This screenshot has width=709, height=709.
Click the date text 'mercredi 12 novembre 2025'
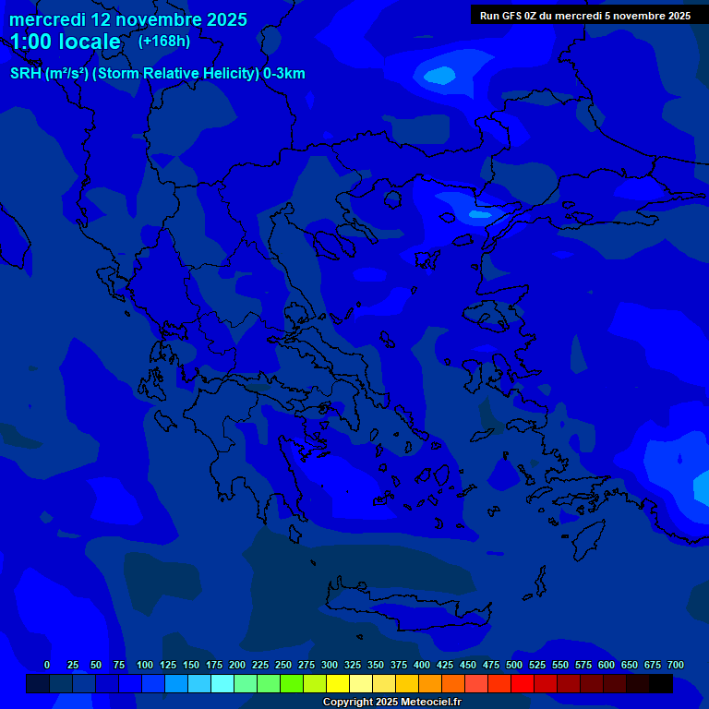127,19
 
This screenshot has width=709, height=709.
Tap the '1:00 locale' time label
65,42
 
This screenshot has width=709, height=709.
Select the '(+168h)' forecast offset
163,41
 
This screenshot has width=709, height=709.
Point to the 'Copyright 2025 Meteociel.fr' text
391,702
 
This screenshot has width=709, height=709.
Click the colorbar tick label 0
47,665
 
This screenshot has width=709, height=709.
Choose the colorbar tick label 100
145,665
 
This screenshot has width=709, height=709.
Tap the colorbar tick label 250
283,665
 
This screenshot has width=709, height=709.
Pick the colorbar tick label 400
422,665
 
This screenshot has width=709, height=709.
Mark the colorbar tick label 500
514,665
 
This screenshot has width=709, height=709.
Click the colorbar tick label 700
676,665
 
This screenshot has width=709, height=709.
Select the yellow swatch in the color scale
338,684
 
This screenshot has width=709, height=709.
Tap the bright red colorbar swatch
523,684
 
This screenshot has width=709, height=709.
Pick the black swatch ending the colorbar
661,684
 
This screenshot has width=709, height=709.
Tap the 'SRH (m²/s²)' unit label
49,74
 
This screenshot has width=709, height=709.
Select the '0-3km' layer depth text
284,74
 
